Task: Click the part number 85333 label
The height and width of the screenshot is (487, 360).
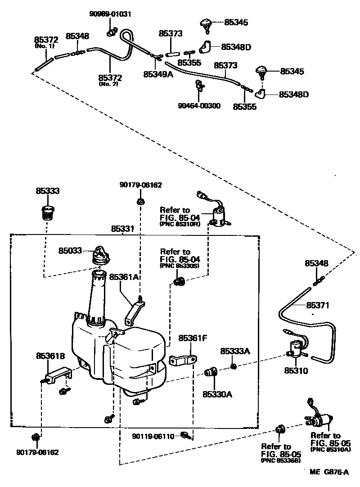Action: pos(48,191)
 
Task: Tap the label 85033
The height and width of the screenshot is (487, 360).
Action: pos(70,251)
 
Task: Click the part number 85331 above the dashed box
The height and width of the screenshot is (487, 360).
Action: pos(122,229)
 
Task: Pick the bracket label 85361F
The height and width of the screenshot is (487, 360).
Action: pos(193,338)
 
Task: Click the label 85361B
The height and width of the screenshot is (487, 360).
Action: pos(50,356)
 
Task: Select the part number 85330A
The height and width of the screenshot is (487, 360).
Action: pos(217,395)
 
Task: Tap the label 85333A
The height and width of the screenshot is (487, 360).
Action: pos(234,351)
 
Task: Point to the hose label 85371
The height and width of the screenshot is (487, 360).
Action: pos(318,305)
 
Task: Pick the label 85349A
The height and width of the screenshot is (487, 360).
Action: pos(158,74)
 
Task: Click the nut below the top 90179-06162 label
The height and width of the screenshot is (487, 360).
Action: pos(140,201)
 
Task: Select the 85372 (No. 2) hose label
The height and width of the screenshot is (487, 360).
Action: pos(110,77)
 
